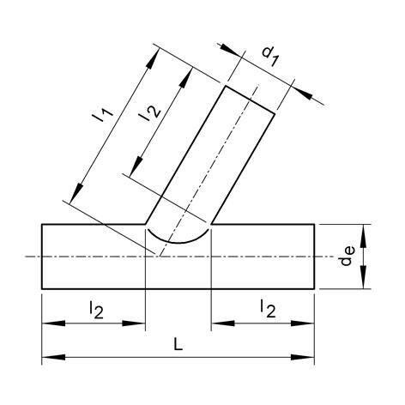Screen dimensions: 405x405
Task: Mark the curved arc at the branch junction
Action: [x=178, y=239]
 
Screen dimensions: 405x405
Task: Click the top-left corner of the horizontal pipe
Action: [x=42, y=225]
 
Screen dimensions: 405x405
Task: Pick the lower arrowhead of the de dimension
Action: [x=366, y=284]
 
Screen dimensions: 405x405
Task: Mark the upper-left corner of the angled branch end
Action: [x=227, y=86]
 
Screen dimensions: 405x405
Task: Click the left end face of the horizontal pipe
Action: [x=42, y=257]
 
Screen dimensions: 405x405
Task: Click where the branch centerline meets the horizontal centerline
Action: [x=155, y=257]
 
